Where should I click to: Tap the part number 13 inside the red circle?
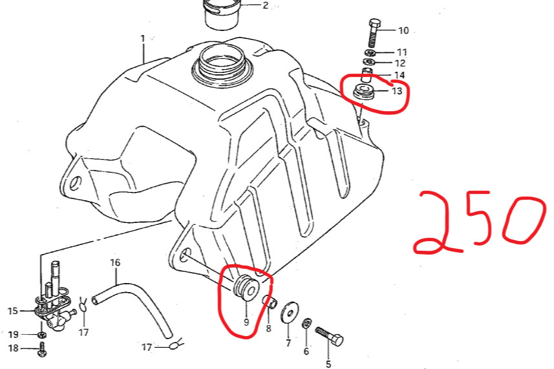click(397, 91)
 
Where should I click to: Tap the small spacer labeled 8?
click(270, 302)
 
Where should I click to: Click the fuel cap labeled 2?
click(222, 15)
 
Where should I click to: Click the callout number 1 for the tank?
click(143, 39)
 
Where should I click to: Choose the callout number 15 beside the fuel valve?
click(13, 311)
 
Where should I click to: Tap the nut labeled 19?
click(42, 335)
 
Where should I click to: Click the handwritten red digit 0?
click(521, 221)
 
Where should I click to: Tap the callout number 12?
click(400, 63)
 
